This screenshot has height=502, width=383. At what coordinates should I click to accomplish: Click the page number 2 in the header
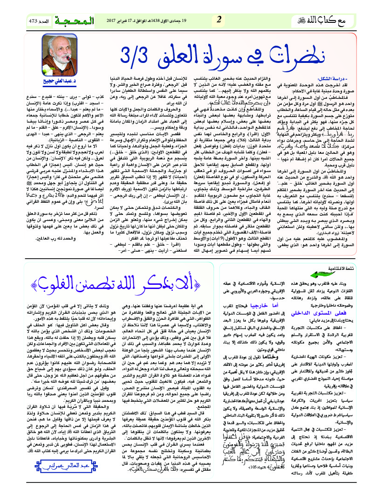pyautogui.click(x=219, y=20)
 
